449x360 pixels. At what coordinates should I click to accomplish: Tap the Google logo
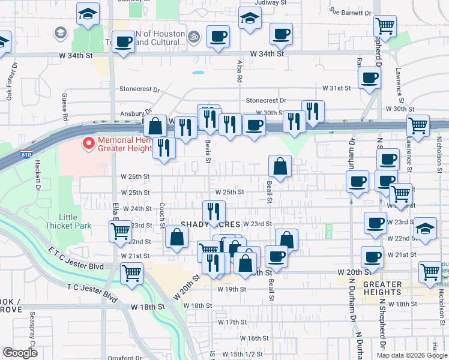[x=20, y=353]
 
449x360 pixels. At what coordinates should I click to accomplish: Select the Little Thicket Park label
[x=67, y=221]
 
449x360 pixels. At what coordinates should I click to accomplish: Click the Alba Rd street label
[x=239, y=71]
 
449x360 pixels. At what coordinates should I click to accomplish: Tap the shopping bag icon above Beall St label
[x=280, y=165]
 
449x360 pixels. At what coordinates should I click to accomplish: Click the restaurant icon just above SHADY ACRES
[x=214, y=211]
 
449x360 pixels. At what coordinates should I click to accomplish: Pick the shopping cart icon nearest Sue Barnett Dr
[x=384, y=26]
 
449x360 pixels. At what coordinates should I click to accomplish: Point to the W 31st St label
[x=336, y=88]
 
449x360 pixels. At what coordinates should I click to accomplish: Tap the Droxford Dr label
[x=124, y=358]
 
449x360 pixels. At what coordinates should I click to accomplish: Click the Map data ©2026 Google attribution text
[x=411, y=355]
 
